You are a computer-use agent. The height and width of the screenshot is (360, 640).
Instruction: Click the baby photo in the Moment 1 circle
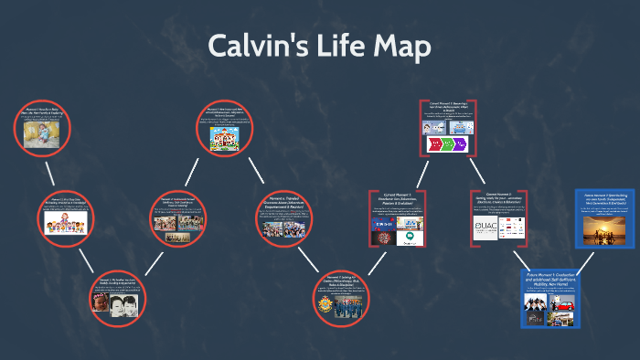pyautogui.click(x=42, y=134)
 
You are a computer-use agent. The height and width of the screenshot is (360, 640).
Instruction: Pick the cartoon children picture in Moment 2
pyautogui.click(x=64, y=223)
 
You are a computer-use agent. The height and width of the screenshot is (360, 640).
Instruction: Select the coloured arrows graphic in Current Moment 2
pyautogui.click(x=448, y=144)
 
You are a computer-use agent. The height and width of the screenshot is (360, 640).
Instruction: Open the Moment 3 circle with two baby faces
pyautogui.click(x=116, y=298)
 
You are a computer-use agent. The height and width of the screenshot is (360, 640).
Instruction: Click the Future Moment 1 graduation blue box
pyautogui.click(x=552, y=298)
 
